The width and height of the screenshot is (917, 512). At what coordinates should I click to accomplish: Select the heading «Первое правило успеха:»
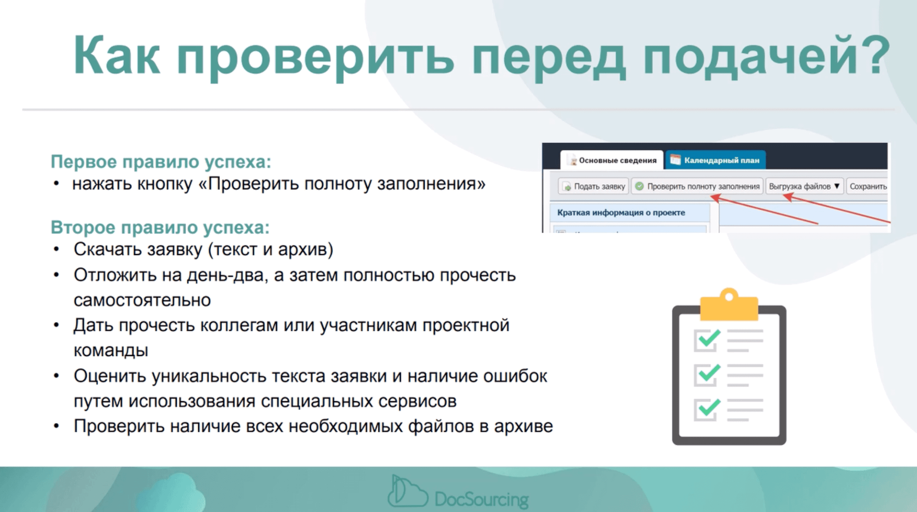tap(160, 162)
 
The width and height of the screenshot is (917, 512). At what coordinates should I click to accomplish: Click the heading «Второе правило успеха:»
tap(160, 227)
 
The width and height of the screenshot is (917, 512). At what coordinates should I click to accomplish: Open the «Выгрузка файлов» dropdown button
tap(804, 186)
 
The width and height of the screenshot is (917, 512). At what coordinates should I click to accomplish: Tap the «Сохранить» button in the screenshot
tap(867, 186)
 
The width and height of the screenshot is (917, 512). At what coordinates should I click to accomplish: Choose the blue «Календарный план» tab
tap(715, 160)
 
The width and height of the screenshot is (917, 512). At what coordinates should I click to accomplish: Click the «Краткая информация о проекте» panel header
tap(621, 213)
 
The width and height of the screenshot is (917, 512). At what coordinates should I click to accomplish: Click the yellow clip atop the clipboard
tap(729, 306)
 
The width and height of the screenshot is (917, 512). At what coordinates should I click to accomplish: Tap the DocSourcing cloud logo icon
tap(407, 492)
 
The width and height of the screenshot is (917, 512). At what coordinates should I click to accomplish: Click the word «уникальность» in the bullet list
tap(209, 376)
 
